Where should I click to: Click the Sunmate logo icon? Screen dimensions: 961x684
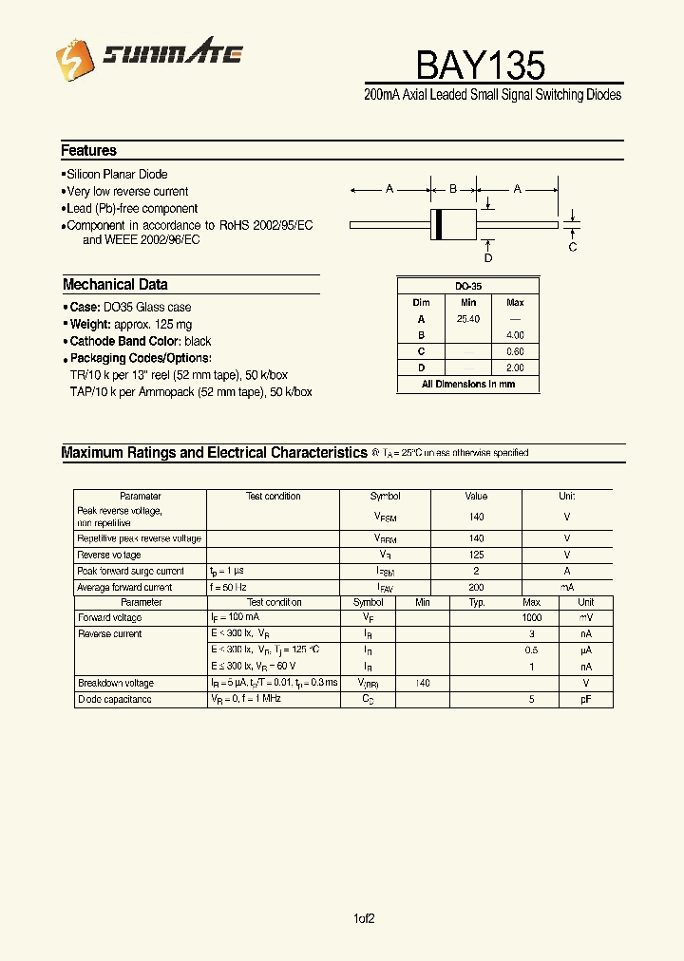73,63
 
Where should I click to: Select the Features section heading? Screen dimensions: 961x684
88,151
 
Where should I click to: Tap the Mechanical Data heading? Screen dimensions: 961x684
115,285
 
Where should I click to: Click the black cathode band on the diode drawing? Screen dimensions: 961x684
439,224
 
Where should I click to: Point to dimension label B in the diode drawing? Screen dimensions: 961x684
453,189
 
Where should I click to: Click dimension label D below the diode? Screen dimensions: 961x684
488,258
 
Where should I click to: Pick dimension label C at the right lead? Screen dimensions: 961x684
573,248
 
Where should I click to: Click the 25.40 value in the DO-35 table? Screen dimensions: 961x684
467,320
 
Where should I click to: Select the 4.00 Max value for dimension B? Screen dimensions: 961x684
515,335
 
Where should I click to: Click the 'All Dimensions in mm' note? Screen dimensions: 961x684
467,385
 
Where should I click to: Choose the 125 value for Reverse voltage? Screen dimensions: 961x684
476,555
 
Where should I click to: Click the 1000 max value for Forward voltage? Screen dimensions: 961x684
531,618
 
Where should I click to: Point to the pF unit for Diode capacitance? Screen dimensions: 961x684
586,700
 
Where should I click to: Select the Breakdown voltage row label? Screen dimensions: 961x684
115,684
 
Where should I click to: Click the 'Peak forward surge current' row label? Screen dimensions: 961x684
130,572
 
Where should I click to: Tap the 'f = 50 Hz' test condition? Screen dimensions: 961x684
229,588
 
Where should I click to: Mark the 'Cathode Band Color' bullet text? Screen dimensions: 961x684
140,342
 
